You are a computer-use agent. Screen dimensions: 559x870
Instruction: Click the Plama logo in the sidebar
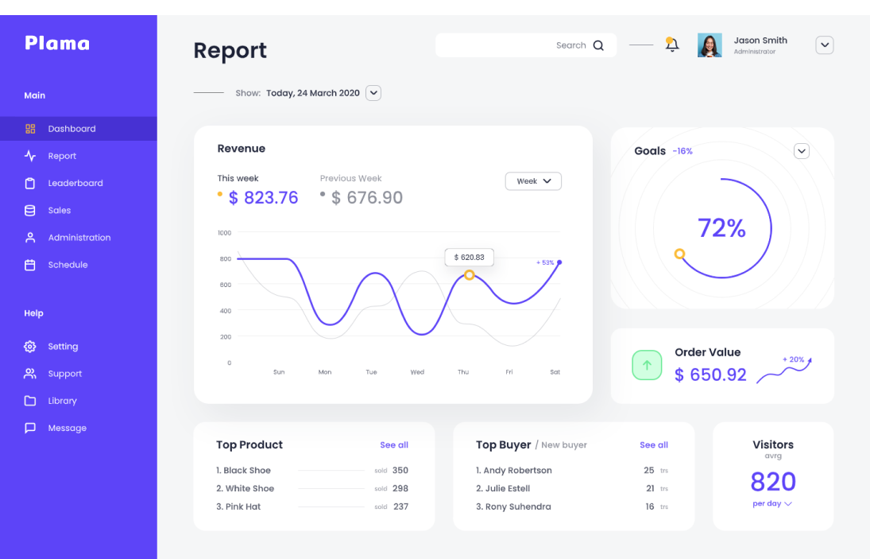(x=57, y=43)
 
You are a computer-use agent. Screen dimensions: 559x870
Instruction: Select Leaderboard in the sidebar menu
(x=75, y=183)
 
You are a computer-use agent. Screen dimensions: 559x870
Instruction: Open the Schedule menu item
(x=68, y=265)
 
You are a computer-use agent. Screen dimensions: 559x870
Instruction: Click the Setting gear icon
(x=30, y=347)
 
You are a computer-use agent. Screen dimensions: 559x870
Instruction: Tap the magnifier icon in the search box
(x=598, y=45)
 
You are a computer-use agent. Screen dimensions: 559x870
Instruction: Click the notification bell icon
(x=672, y=45)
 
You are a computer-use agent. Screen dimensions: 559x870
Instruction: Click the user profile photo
(x=710, y=45)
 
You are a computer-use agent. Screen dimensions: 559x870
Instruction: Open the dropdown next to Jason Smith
(x=825, y=45)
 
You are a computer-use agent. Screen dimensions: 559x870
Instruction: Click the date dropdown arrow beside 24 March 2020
(x=373, y=93)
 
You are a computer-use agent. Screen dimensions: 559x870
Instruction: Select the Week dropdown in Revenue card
(x=533, y=181)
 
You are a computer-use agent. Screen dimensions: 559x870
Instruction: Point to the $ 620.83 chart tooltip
(x=470, y=257)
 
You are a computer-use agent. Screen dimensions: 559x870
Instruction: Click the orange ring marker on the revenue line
(x=470, y=275)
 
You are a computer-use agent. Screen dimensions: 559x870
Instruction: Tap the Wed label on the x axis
(x=417, y=372)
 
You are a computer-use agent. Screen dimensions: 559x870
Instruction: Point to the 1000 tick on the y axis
(x=224, y=233)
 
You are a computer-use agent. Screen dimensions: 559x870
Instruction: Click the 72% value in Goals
(x=721, y=228)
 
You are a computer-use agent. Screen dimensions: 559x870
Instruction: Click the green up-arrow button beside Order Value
(x=647, y=365)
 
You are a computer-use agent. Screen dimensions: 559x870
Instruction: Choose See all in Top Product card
(x=394, y=445)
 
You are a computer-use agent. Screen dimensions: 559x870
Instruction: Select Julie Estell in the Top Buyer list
(x=507, y=488)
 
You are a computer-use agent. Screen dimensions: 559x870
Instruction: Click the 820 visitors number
(x=773, y=481)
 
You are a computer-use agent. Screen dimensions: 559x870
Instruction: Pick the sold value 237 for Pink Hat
(x=400, y=507)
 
